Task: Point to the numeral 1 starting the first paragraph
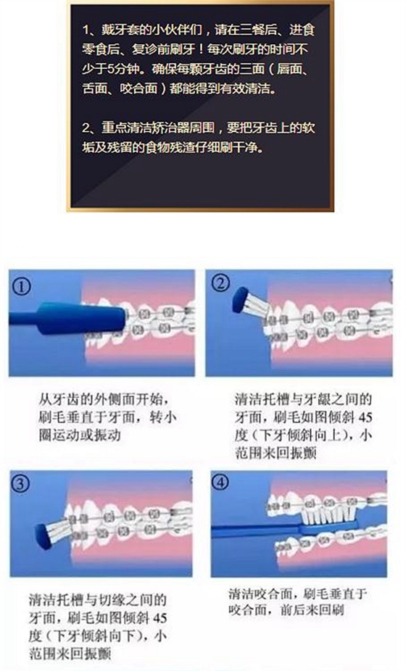(x=85, y=32)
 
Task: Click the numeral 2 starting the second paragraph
(x=85, y=128)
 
